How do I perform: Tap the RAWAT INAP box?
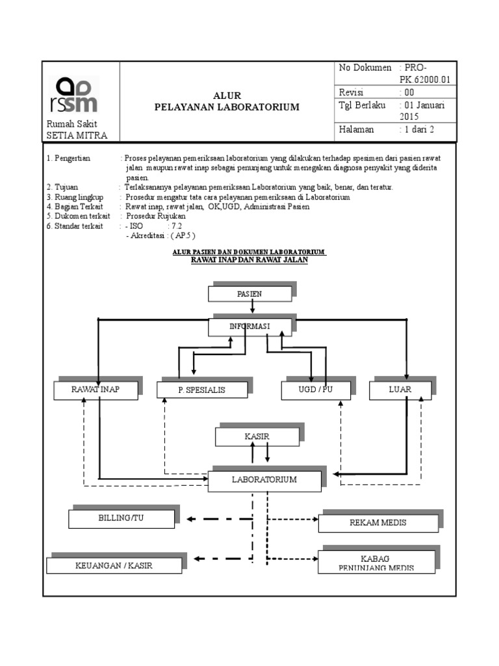pos(96,390)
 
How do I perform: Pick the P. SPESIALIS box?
pos(202,390)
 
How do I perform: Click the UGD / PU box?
pos(314,390)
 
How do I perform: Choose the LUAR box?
pos(400,390)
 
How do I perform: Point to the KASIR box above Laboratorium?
pos(257,437)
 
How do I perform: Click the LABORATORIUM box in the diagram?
pos(264,480)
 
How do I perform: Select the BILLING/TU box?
pos(122,518)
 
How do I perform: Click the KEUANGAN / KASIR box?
pos(116,565)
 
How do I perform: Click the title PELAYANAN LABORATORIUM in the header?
pos(227,107)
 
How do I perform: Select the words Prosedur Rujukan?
pos(155,216)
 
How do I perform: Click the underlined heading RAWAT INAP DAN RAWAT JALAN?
pos(249,260)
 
